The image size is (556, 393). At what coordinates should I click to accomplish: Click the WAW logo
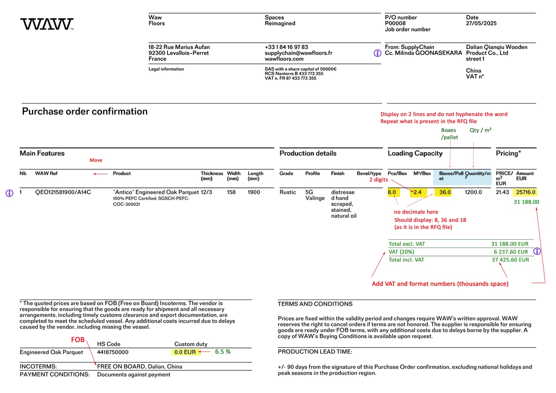(x=47, y=24)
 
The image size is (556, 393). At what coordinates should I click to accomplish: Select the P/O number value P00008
(x=395, y=24)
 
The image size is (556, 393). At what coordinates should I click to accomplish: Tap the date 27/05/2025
(x=481, y=24)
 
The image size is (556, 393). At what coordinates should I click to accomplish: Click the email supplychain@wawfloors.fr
(x=298, y=53)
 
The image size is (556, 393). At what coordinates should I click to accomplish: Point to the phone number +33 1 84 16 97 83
(x=286, y=47)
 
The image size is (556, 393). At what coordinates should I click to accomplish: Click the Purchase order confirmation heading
(x=85, y=111)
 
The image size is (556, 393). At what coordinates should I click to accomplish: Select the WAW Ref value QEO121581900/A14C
(x=63, y=192)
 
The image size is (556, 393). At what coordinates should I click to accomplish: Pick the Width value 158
(x=231, y=192)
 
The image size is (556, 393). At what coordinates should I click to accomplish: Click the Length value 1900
(x=254, y=192)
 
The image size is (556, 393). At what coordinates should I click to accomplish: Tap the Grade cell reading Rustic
(x=288, y=192)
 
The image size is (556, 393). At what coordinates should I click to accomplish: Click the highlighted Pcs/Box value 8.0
(x=391, y=192)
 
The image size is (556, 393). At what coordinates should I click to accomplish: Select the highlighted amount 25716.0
(x=525, y=192)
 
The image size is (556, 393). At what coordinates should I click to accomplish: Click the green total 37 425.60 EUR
(x=510, y=260)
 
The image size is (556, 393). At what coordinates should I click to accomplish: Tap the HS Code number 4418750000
(x=113, y=352)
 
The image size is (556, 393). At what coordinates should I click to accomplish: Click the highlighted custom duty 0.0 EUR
(x=185, y=352)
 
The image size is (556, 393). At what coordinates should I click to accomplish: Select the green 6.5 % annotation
(x=223, y=352)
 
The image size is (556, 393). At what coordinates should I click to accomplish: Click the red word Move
(x=96, y=160)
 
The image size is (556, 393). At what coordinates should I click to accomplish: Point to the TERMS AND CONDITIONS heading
(x=315, y=304)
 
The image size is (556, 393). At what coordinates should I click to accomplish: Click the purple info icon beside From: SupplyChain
(x=378, y=53)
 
